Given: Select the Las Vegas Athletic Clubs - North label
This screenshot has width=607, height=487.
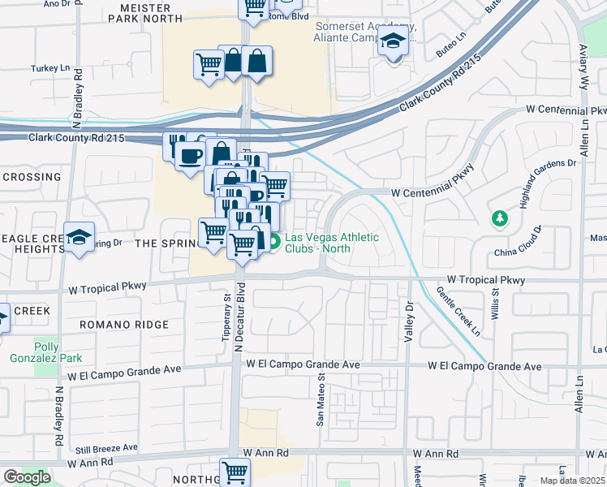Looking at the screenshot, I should pos(331,243).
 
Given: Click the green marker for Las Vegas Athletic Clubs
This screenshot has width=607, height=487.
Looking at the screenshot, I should pos(274,241).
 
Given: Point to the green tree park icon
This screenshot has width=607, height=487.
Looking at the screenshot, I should pos(499,218).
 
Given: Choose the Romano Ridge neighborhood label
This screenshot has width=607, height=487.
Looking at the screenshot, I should pos(124,325).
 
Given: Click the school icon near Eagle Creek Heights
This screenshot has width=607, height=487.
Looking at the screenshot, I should pos(79,237).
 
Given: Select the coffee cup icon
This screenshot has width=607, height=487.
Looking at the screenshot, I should pos(191,156).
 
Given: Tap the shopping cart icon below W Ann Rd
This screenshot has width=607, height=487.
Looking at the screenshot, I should pos(235,471).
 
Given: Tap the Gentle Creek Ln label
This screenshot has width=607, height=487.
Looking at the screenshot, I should pos(458,311).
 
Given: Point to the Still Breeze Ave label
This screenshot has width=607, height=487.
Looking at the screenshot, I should pos(105,448).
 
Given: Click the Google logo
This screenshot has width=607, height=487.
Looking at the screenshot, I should pos(28,477).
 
